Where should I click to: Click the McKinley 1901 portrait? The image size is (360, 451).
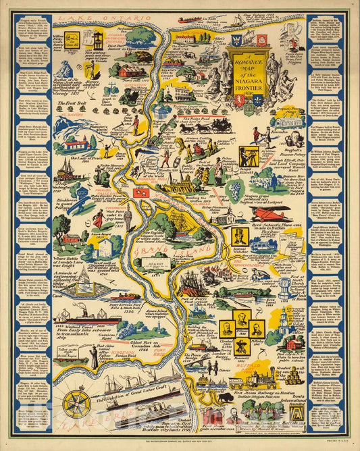pos(257,329)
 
